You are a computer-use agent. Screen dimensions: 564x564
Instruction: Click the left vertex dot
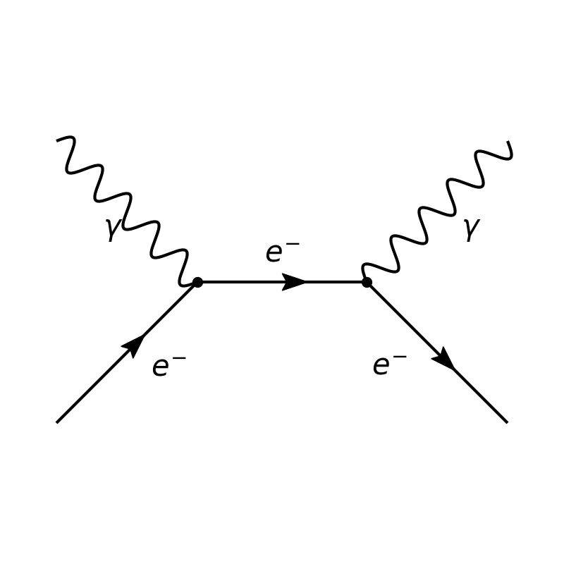point(197,282)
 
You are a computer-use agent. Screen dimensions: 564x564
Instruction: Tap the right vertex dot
point(367,282)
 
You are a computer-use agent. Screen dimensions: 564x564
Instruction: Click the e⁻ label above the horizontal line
point(282,252)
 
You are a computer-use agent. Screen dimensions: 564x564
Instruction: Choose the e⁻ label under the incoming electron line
point(169,366)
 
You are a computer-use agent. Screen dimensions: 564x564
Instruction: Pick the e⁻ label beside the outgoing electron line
point(390,364)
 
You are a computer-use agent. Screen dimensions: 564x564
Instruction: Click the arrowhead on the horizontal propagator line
point(295,282)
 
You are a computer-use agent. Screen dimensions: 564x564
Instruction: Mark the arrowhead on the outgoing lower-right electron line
point(444,360)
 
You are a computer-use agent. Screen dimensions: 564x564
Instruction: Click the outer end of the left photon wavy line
point(58,140)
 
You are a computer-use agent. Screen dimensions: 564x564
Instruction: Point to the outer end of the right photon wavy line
point(508,143)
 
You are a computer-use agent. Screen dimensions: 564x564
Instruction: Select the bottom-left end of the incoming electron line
point(57,422)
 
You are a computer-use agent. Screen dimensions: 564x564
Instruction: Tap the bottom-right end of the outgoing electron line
point(507,422)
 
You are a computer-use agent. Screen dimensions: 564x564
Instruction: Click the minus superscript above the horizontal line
point(293,245)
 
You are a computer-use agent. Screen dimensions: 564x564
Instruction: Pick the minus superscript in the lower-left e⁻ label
point(179,359)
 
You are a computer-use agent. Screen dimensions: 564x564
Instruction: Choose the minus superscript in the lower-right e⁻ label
point(400,357)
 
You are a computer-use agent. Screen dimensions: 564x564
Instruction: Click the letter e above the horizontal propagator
point(274,254)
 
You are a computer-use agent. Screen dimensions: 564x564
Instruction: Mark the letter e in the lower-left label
point(161,367)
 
